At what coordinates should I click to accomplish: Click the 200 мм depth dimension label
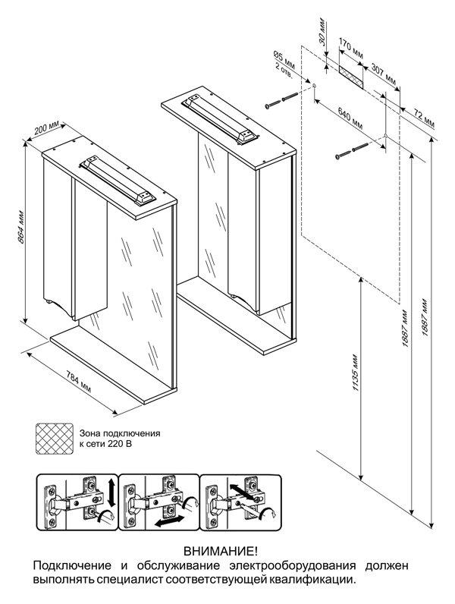pos(47,130)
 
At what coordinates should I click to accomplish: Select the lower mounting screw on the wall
pos(352,152)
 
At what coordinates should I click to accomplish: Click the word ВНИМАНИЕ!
pos(226,550)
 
